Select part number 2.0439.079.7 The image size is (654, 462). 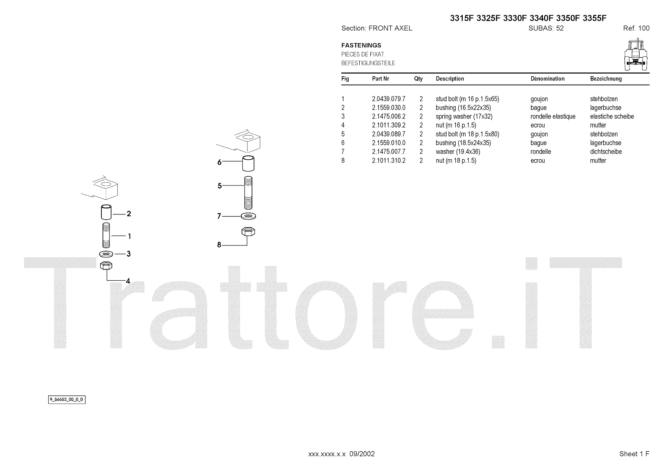pyautogui.click(x=388, y=99)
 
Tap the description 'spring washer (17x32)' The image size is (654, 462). pyautogui.click(x=464, y=116)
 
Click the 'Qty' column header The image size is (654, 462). pyautogui.click(x=418, y=78)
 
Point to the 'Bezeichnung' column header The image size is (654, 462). pyautogui.click(x=606, y=78)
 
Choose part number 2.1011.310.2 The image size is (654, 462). pyautogui.click(x=388, y=161)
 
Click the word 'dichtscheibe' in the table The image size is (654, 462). pyautogui.click(x=606, y=152)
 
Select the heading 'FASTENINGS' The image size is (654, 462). pyautogui.click(x=361, y=45)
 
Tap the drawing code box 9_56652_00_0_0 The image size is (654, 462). pyautogui.click(x=67, y=400)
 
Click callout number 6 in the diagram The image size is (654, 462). pyautogui.click(x=219, y=162)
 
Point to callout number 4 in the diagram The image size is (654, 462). pyautogui.click(x=128, y=281)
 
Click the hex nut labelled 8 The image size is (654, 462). pyautogui.click(x=248, y=232)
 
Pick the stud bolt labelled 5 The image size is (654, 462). pyautogui.click(x=248, y=192)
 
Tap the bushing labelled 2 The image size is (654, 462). pyautogui.click(x=106, y=212)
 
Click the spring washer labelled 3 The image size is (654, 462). pyautogui.click(x=106, y=254)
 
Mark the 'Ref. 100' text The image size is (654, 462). pyautogui.click(x=636, y=28)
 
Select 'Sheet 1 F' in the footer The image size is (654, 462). pyautogui.click(x=634, y=454)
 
